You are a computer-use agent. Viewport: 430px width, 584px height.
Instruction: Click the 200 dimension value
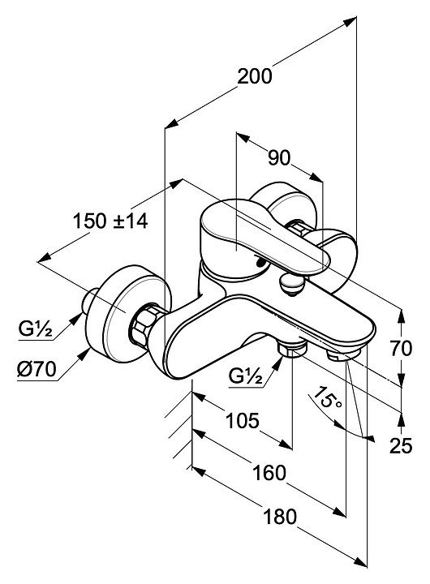tap(255, 76)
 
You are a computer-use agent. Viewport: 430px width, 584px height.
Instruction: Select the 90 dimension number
tap(279, 158)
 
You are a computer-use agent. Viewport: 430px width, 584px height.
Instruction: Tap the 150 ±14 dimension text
tap(110, 221)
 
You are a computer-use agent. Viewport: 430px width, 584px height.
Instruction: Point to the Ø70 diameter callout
tap(37, 370)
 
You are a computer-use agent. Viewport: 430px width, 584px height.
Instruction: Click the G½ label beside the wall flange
tap(36, 329)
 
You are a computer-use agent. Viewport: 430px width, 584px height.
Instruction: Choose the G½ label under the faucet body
tap(246, 376)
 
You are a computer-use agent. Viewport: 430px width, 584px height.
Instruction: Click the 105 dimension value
tap(243, 421)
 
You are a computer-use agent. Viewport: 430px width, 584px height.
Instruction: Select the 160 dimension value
tap(269, 473)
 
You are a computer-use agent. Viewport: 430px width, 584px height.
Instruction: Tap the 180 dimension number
tap(280, 517)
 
